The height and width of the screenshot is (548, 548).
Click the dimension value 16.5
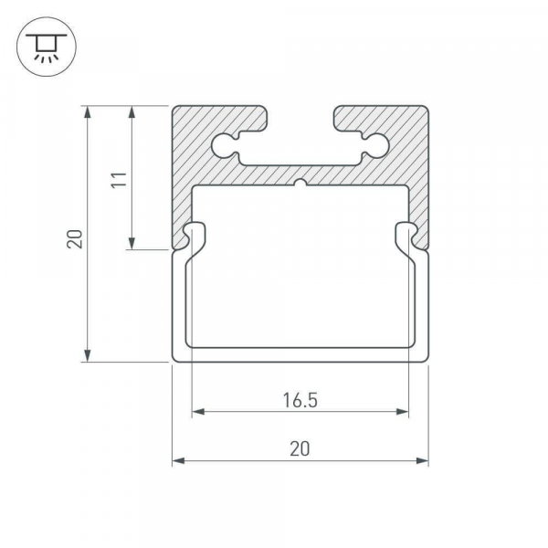(x=300, y=399)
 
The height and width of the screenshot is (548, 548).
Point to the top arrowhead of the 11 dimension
(x=133, y=113)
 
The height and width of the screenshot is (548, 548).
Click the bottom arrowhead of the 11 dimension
(x=133, y=243)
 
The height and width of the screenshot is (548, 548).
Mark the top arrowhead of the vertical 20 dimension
(x=88, y=113)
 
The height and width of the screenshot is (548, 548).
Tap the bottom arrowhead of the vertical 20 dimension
(x=88, y=355)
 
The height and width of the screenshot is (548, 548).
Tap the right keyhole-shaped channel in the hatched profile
(x=374, y=143)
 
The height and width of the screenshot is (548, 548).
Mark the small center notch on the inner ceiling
(x=300, y=183)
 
